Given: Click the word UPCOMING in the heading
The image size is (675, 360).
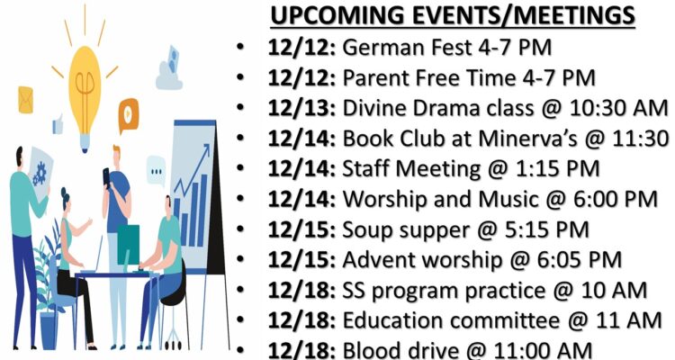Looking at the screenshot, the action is [337, 16].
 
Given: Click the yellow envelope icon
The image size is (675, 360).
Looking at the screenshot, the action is [25, 100].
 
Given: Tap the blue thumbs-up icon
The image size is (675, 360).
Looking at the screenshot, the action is [58, 124].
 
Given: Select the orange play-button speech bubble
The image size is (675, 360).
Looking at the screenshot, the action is [129, 114].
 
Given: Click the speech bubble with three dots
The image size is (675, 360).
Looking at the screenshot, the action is [156, 171].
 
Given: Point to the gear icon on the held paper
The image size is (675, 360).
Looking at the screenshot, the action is [40, 173].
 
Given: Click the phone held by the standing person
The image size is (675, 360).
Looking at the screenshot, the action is [106, 176].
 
